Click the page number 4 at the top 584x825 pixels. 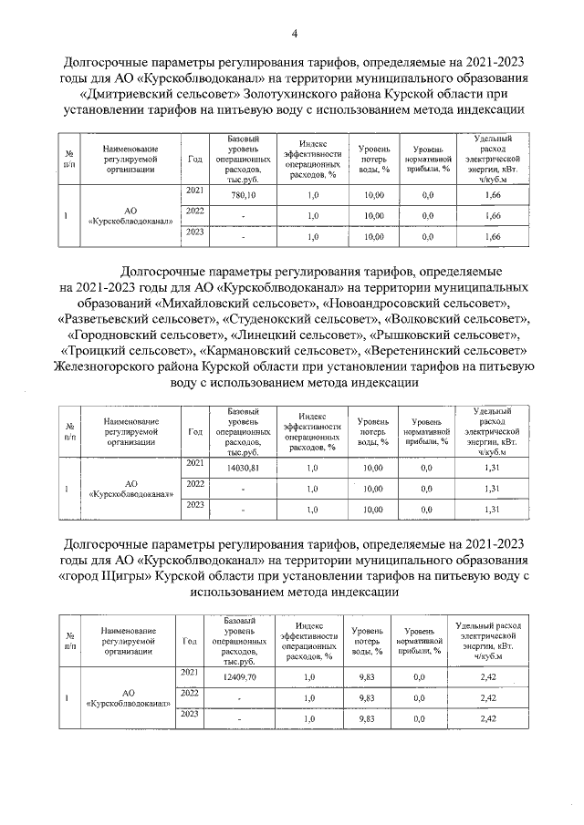click(x=295, y=36)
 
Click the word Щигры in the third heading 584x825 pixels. click(x=168, y=575)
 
